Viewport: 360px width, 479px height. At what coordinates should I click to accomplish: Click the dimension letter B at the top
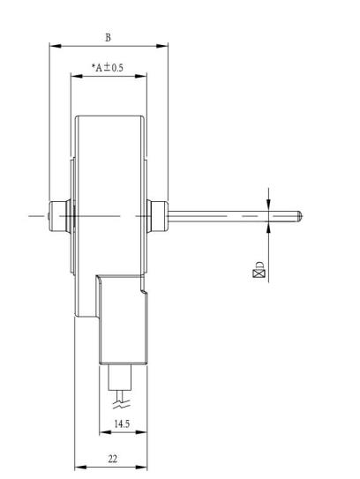(109, 38)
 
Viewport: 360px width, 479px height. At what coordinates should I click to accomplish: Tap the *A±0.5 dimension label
(108, 67)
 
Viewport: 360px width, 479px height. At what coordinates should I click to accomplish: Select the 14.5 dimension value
(122, 423)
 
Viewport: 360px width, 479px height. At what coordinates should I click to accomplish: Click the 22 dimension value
(112, 459)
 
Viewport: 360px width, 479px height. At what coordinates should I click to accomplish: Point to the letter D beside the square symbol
(259, 265)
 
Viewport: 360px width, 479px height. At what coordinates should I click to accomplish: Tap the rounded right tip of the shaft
(300, 216)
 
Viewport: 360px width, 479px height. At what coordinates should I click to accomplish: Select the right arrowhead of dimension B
(162, 46)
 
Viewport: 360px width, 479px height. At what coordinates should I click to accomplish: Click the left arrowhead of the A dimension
(77, 76)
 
